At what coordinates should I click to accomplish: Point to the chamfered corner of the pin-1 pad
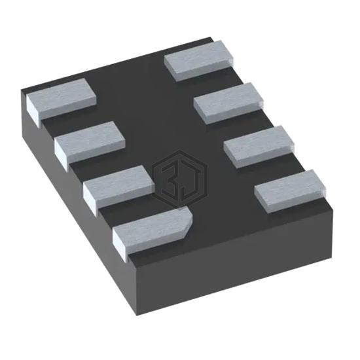click(x=189, y=221)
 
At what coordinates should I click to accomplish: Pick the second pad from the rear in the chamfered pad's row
click(x=90, y=143)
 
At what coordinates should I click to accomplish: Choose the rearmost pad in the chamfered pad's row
click(x=61, y=99)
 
